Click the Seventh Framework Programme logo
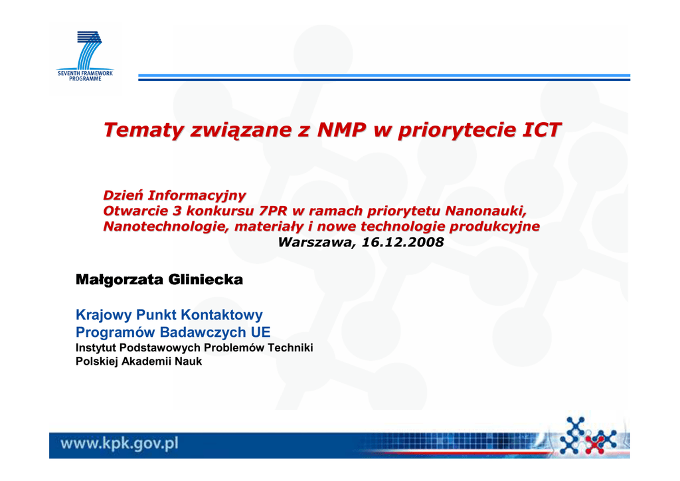pos(85,56)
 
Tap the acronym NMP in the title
pos(341,130)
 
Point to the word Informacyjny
pos(197,195)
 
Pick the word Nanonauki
pos(485,211)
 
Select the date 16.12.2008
pos(402,242)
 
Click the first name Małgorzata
pos(120,280)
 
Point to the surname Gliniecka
pos(206,279)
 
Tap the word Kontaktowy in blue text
pos(222,315)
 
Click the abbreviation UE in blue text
pos(260,332)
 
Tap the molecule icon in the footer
pos(588,435)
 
